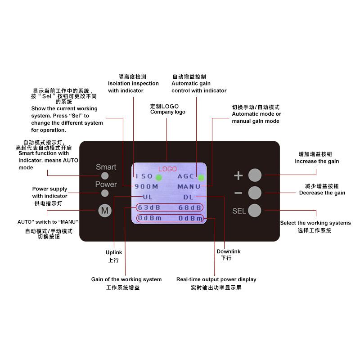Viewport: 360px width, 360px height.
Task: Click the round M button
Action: tap(105, 210)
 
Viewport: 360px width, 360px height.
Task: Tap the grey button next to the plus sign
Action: tap(255, 175)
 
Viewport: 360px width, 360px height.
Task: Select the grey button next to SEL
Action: tap(255, 210)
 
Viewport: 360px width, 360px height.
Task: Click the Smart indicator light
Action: tap(105, 176)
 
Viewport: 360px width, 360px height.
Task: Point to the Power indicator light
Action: tap(105, 193)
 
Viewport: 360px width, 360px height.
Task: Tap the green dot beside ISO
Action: tap(159, 177)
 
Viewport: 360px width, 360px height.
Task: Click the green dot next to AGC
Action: tap(201, 177)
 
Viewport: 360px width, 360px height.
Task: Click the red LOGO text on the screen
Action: tap(167, 169)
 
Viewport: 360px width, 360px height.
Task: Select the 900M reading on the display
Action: tap(146, 186)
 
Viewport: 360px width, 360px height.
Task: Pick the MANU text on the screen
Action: tap(189, 187)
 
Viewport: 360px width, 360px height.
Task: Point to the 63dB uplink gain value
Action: tap(149, 207)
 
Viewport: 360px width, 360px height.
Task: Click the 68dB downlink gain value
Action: tap(189, 208)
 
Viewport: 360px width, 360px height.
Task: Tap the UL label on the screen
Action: tap(148, 197)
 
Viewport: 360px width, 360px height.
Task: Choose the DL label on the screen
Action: tap(188, 197)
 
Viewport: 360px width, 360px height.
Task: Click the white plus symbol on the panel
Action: tap(238, 175)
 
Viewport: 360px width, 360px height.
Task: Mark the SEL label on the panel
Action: tap(239, 211)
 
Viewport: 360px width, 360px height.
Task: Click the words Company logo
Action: tap(167, 112)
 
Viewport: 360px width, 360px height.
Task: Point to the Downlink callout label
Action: tap(229, 252)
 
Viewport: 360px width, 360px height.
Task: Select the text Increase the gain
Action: tap(317, 161)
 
